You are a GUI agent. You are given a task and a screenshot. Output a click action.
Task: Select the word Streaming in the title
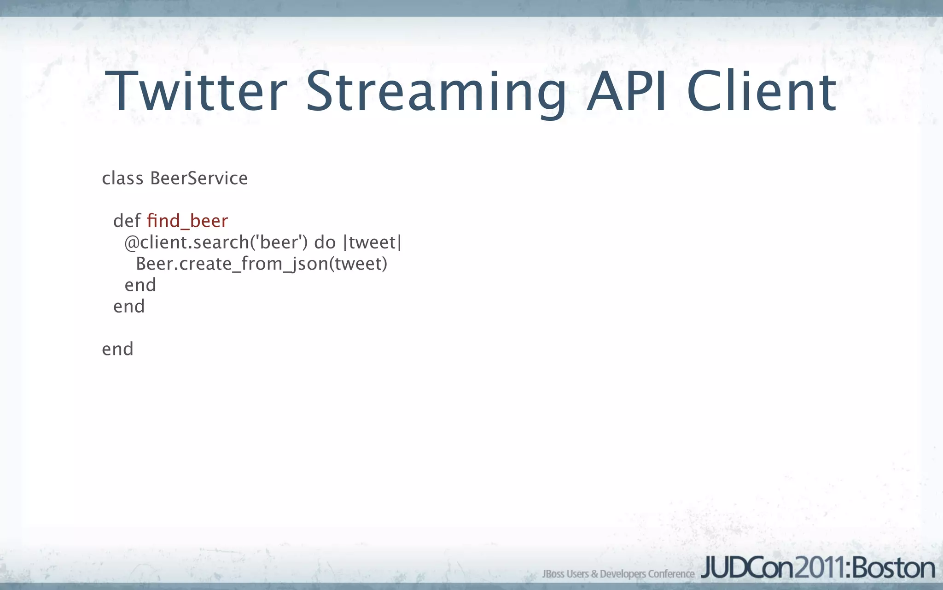pyautogui.click(x=436, y=92)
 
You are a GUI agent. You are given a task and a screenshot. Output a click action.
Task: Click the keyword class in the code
pyautogui.click(x=122, y=178)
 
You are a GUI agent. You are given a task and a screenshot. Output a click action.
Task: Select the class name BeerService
pyautogui.click(x=199, y=178)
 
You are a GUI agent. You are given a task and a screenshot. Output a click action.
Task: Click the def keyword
pyautogui.click(x=127, y=221)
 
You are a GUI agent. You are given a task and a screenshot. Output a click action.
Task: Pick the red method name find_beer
pyautogui.click(x=187, y=221)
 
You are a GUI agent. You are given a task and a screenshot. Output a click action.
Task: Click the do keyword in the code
pyautogui.click(x=325, y=242)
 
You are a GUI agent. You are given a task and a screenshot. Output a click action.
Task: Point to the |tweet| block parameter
pyautogui.click(x=373, y=242)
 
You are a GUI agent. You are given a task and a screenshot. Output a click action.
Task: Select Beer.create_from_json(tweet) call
pyautogui.click(x=262, y=264)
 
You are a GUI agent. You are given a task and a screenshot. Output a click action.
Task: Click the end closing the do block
pyautogui.click(x=140, y=285)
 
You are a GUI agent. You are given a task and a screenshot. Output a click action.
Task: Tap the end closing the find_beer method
pyautogui.click(x=129, y=307)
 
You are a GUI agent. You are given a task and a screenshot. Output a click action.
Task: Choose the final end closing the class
pyautogui.click(x=117, y=349)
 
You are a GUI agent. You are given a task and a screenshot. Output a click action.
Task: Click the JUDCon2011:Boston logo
pyautogui.click(x=818, y=568)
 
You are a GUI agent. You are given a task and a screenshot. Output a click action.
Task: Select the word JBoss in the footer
pyautogui.click(x=553, y=574)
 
